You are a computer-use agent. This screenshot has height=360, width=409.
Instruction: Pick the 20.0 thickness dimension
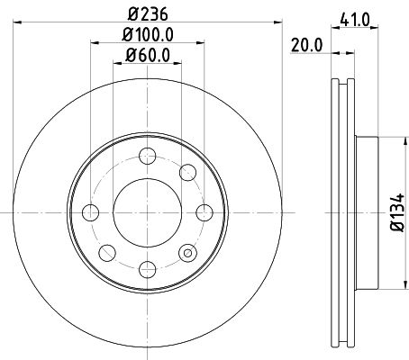(x=303, y=41)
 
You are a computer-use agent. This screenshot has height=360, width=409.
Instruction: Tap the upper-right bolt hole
(x=188, y=172)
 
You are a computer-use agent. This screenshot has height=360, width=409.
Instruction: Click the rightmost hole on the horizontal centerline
(x=204, y=212)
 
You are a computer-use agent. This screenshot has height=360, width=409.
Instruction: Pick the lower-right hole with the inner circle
(x=188, y=253)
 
